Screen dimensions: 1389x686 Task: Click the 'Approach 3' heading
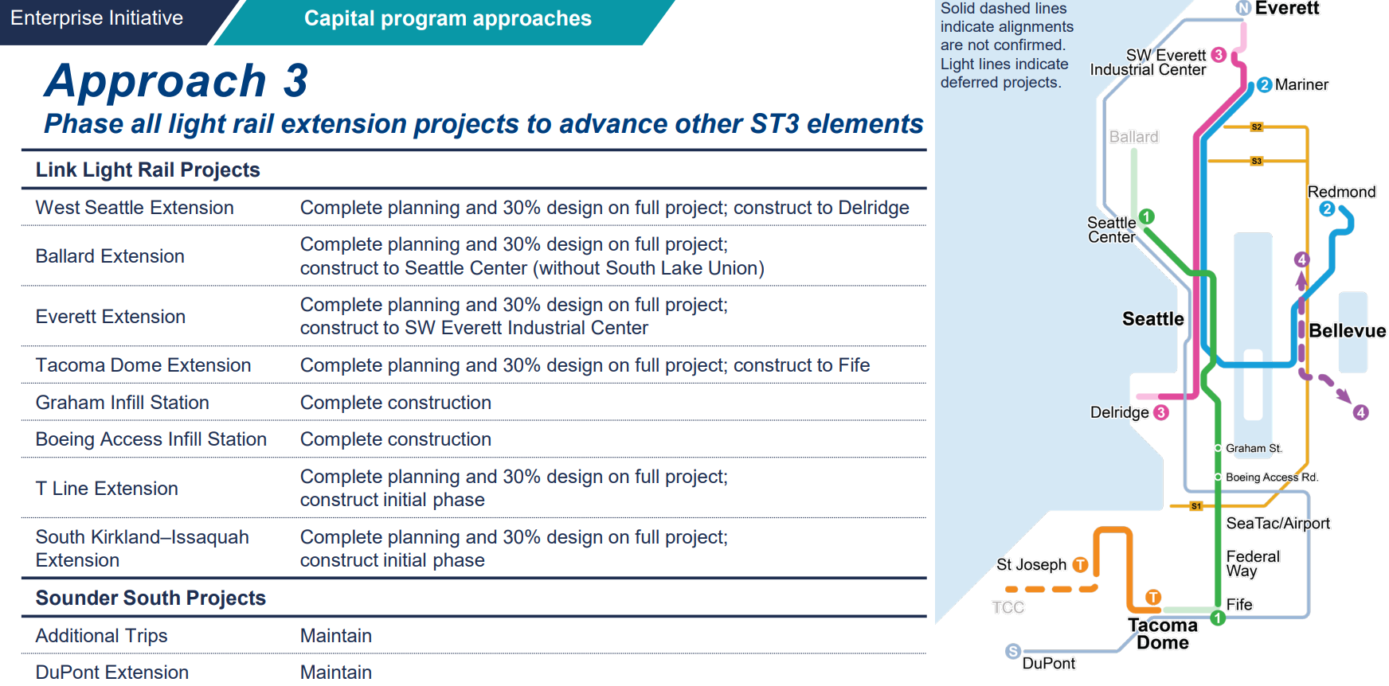[176, 80]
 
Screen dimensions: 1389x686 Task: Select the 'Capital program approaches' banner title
[448, 18]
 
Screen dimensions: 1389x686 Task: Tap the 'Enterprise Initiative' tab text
[96, 18]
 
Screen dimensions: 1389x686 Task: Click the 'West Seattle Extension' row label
[135, 208]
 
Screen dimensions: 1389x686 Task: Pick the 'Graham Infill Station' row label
[123, 403]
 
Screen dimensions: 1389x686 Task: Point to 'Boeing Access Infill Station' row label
[151, 439]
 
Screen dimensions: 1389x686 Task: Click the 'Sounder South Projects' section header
[151, 598]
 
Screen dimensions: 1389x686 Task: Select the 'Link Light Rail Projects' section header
[148, 170]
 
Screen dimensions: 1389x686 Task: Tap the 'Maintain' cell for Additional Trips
[336, 636]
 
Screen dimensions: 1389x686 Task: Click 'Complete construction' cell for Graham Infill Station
[396, 403]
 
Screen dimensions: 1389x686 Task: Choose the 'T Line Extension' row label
[107, 489]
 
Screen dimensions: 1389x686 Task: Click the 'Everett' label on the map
[1287, 8]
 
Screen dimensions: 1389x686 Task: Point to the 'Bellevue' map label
[1347, 330]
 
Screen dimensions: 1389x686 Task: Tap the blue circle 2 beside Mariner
[1265, 85]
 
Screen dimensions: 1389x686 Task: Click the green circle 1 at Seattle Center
[1147, 216]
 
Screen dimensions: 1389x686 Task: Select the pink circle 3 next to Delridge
[1161, 412]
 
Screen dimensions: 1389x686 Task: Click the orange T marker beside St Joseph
[1080, 564]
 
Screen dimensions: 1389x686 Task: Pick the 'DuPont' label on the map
[1048, 663]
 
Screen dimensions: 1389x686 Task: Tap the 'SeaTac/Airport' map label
[1277, 523]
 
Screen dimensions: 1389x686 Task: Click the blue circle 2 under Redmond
[1327, 209]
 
